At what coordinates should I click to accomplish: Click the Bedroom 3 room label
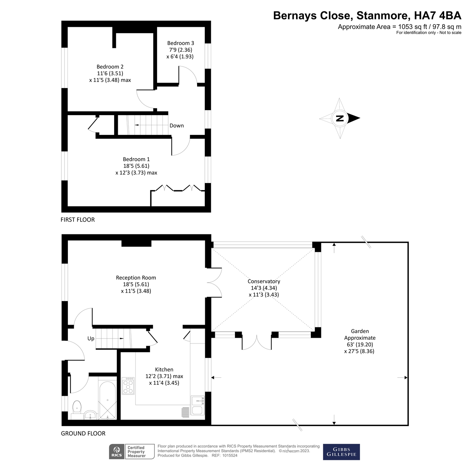(180, 43)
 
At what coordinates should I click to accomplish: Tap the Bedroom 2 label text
(110, 67)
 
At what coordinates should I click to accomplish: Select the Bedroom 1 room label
(136, 159)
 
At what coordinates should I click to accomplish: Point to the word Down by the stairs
(177, 126)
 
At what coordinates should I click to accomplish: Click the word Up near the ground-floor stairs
(91, 338)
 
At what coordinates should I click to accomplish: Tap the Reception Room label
(136, 278)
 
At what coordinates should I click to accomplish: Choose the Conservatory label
(264, 281)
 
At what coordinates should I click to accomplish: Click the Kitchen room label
(164, 370)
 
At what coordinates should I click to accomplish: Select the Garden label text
(360, 331)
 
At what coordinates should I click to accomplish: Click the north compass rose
(340, 118)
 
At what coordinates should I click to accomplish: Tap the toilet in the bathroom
(77, 407)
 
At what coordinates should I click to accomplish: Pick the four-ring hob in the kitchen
(128, 386)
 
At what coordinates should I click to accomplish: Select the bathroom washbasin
(90, 415)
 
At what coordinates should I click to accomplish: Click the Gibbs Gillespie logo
(341, 452)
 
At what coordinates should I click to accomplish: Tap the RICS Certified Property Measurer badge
(132, 452)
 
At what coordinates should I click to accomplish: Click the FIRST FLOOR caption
(78, 220)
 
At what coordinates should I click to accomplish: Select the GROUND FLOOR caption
(83, 433)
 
